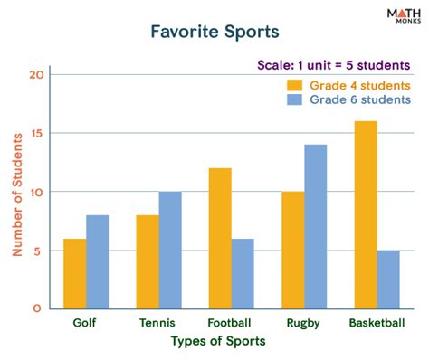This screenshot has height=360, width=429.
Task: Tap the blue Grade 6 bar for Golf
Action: pyautogui.click(x=97, y=261)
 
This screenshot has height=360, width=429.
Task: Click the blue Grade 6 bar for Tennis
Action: pyautogui.click(x=170, y=250)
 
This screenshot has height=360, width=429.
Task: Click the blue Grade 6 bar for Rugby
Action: pyautogui.click(x=316, y=226)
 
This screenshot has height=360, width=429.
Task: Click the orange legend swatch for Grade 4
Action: pyautogui.click(x=296, y=85)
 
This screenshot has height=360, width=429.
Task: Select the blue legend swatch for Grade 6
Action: pyautogui.click(x=296, y=99)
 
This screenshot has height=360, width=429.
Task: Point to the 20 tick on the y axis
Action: pyautogui.click(x=36, y=75)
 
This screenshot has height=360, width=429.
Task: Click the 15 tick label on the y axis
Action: pyautogui.click(x=36, y=134)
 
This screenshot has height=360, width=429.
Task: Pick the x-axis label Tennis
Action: pyautogui.click(x=158, y=321)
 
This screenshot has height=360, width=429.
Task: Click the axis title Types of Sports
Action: pyautogui.click(x=219, y=341)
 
